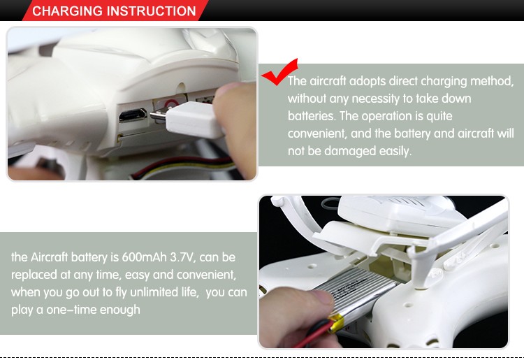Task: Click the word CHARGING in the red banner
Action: point(67,11)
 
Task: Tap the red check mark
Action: point(279,72)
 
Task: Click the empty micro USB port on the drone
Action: point(133,115)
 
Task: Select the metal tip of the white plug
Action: point(158,115)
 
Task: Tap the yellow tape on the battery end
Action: point(337,322)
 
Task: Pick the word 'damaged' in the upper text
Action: point(349,151)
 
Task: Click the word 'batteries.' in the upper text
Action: point(312,116)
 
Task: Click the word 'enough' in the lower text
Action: point(120,310)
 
